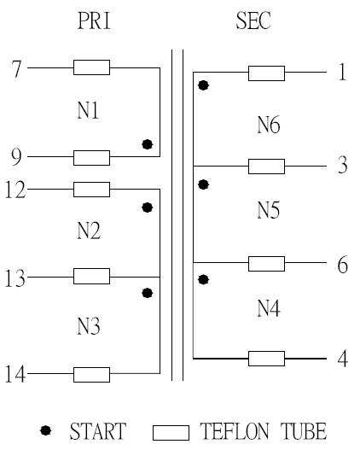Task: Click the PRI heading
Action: (94, 20)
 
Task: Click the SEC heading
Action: (253, 20)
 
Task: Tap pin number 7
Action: (16, 69)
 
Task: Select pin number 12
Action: (15, 190)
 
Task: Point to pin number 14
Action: (15, 374)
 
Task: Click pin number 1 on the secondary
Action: (343, 72)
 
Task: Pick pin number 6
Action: (343, 265)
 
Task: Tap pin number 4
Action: (343, 359)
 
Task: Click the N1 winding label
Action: (88, 110)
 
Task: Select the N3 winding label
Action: (89, 326)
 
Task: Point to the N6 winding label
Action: (269, 125)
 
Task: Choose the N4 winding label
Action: (269, 308)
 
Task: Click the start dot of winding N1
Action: (148, 144)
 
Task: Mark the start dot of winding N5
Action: (203, 184)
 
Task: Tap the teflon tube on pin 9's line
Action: (92, 158)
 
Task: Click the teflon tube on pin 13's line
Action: (92, 276)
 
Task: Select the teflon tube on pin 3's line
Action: (266, 167)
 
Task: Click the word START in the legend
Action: (98, 431)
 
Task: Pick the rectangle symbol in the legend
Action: (171, 433)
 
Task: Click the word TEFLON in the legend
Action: (235, 431)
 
